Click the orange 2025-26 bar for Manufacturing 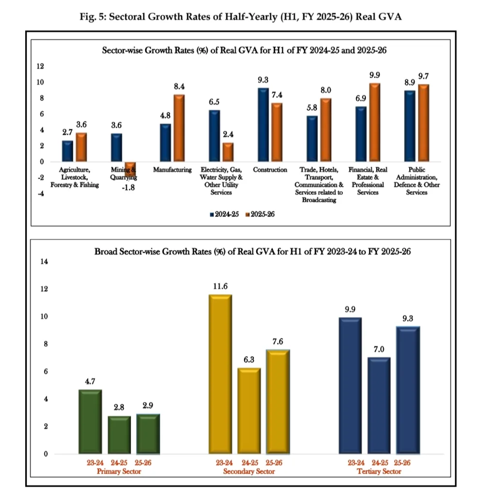[179, 128]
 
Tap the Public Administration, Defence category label [417, 181]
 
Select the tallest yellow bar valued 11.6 [220, 374]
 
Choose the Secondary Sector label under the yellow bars [249, 471]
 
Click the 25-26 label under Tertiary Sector [408, 463]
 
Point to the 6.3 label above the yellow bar [248, 360]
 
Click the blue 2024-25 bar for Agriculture [67, 151]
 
